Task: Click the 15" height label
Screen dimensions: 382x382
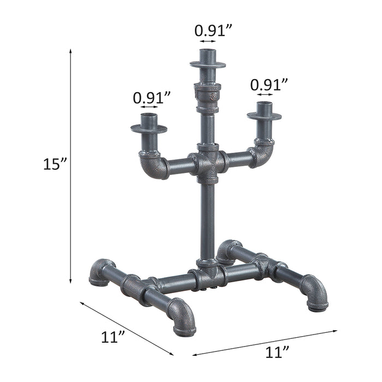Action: pos(55,164)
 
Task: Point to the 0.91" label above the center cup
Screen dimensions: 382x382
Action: pos(210,31)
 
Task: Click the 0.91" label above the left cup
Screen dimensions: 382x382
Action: pos(151,98)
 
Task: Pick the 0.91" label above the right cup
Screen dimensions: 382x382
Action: pos(268,85)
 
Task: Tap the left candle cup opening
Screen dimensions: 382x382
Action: pos(149,116)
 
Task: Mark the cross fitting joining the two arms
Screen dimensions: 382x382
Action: pos(208,163)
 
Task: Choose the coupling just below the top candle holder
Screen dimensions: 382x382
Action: pos(208,97)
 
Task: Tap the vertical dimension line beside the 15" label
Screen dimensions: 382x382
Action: pos(71,164)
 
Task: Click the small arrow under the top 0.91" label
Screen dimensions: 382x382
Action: pos(208,41)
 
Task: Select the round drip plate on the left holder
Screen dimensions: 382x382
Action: pos(148,129)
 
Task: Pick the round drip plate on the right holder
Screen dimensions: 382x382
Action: pos(264,116)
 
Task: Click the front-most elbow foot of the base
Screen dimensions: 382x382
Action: pos(183,319)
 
